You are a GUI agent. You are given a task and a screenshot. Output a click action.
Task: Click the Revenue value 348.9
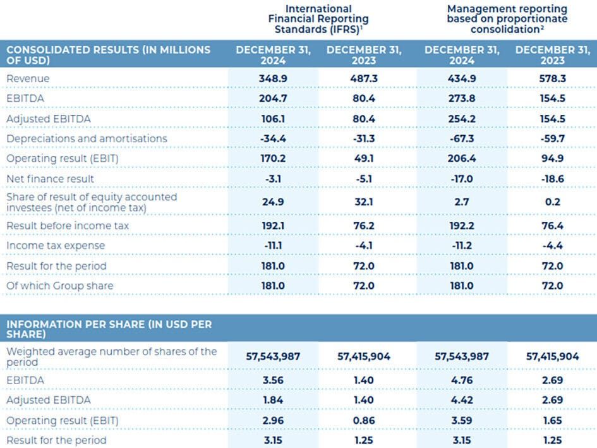[273, 78]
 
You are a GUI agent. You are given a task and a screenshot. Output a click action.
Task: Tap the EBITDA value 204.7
[273, 98]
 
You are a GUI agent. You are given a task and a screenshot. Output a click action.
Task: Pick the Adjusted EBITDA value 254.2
[461, 118]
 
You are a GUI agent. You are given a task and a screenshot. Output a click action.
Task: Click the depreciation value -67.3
[461, 138]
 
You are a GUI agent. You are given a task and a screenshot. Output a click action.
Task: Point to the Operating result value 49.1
[364, 159]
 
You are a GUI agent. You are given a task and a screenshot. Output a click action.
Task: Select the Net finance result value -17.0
[461, 179]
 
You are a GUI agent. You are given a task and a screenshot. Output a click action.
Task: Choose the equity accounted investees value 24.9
[273, 202]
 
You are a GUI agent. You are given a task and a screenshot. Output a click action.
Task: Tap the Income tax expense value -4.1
[364, 245]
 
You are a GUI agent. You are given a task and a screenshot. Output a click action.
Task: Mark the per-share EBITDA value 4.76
[461, 380]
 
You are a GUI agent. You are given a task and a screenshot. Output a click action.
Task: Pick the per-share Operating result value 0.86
[364, 420]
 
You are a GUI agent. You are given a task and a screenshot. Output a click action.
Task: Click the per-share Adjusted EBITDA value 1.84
[273, 400]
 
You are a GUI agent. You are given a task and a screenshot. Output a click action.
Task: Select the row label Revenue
[28, 78]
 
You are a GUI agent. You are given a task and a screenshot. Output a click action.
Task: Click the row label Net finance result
[50, 179]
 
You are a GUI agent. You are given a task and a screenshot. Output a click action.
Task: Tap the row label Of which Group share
[60, 286]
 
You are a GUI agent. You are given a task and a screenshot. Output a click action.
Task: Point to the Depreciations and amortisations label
[87, 138]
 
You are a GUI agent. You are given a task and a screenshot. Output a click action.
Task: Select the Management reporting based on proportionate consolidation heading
[507, 18]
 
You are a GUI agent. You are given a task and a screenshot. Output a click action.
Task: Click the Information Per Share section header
[109, 329]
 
